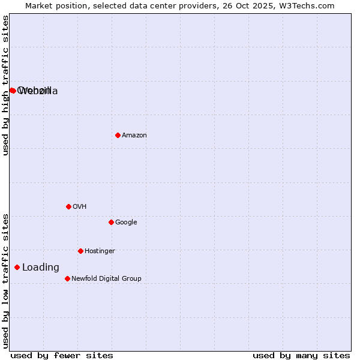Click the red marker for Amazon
[x=118, y=135]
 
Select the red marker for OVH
[x=68, y=206]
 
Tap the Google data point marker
[x=111, y=222]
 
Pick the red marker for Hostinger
[x=80, y=251]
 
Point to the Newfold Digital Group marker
[x=67, y=278]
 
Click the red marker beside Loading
[x=17, y=267]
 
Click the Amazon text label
[x=134, y=136]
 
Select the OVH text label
[x=79, y=207]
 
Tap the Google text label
[x=126, y=223]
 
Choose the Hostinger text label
[x=100, y=251]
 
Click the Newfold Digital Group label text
[x=106, y=279]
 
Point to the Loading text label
[x=40, y=268]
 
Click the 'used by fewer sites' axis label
[x=62, y=356]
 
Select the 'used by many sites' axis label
[x=301, y=356]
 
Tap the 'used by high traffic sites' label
[x=6, y=85]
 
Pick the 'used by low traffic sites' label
[x=6, y=281]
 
